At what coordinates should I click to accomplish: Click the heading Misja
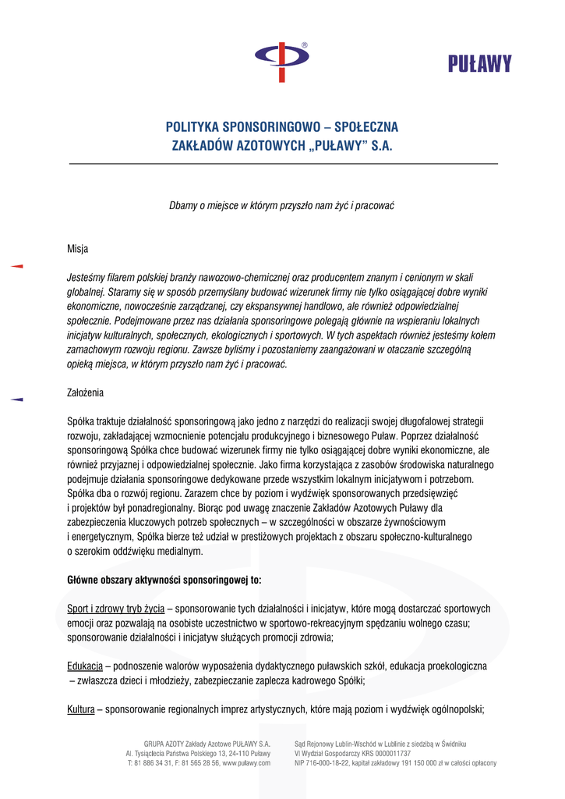(x=78, y=249)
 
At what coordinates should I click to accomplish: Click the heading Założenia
(x=85, y=392)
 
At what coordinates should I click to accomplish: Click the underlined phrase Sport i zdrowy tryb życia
(x=115, y=609)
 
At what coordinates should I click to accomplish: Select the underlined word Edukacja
(x=85, y=666)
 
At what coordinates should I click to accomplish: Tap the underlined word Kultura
(x=81, y=709)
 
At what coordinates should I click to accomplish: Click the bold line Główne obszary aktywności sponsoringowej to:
(x=164, y=580)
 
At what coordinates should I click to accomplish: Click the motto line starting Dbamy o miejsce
(x=282, y=206)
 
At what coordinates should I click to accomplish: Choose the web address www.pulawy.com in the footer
(x=246, y=763)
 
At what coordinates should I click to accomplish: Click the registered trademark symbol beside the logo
(x=304, y=45)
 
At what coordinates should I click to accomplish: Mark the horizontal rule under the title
(x=284, y=164)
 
